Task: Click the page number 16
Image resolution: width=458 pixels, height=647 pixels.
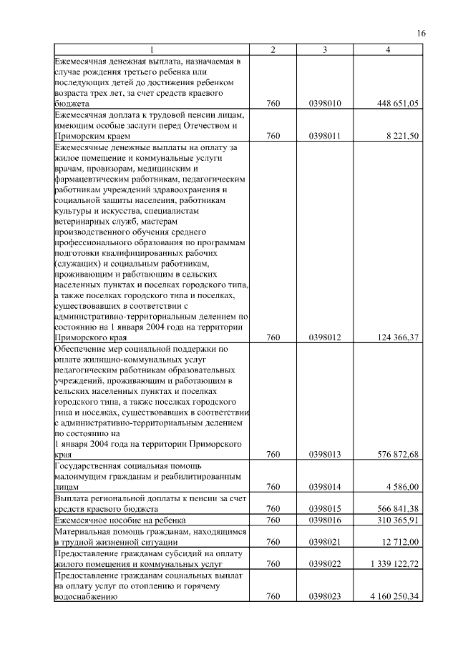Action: pos(422,33)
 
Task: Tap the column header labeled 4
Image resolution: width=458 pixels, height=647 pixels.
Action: pos(387,49)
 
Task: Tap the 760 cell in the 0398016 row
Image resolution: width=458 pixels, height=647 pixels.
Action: pos(273,520)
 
